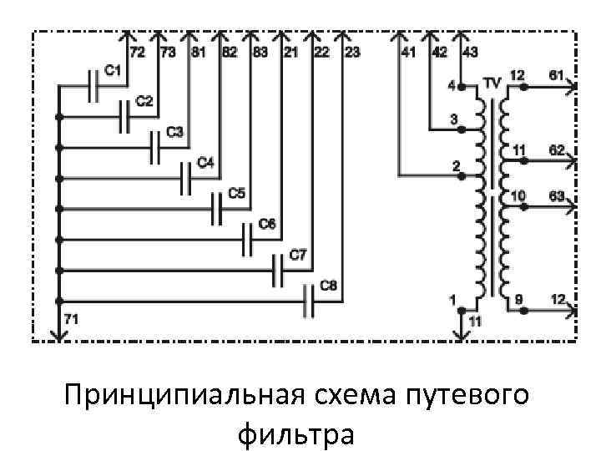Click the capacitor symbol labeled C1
[x=95, y=85]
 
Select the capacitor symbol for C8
[x=308, y=301]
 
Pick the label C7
[x=298, y=253]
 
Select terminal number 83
[x=260, y=53]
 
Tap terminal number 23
[x=351, y=53]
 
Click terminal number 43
[x=470, y=53]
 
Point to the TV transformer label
[x=492, y=84]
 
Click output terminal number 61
[x=556, y=75]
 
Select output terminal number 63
[x=556, y=195]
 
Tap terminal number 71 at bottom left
[x=70, y=318]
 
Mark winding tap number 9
[x=518, y=298]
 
